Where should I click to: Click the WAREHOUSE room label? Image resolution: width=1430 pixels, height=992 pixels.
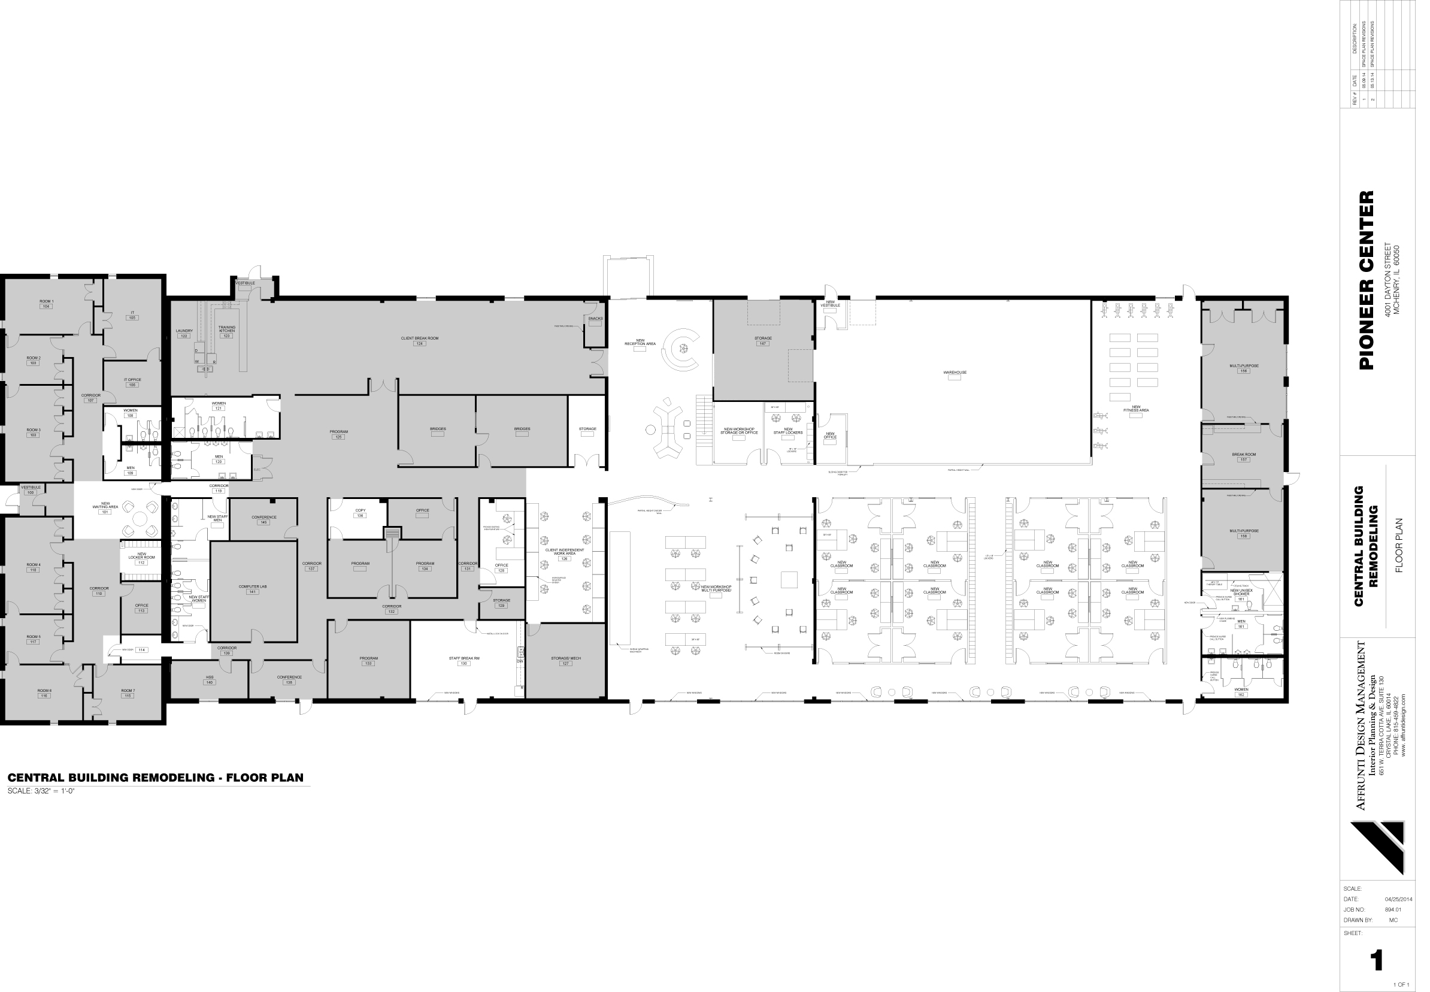point(955,373)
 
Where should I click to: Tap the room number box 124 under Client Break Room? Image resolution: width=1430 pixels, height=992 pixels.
point(419,344)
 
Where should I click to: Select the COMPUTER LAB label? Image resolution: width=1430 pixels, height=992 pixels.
point(252,586)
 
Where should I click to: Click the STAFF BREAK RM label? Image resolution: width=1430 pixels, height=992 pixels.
point(464,658)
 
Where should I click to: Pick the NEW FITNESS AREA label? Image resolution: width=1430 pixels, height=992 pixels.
point(1135,409)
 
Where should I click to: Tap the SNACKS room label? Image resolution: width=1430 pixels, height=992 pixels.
point(595,319)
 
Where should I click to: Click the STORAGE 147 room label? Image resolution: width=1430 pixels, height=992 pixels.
point(763,338)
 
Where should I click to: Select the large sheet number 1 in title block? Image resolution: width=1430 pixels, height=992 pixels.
point(1377,961)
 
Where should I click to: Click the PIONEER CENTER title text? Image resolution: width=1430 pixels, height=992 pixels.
point(1366,280)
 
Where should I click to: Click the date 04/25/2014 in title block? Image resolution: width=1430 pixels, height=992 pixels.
point(1398,899)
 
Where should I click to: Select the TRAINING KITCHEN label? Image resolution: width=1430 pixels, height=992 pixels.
point(227,329)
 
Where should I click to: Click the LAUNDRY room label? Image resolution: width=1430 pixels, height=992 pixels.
point(184,331)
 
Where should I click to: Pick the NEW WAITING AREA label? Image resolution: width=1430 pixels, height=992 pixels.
point(105,506)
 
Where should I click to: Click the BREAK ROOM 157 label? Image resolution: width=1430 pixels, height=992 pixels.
point(1244,454)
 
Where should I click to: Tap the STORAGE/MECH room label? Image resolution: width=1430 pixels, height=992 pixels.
point(565,658)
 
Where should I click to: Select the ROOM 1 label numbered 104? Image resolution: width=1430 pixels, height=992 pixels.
point(46,301)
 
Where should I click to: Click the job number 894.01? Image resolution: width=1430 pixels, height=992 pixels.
point(1393,909)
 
